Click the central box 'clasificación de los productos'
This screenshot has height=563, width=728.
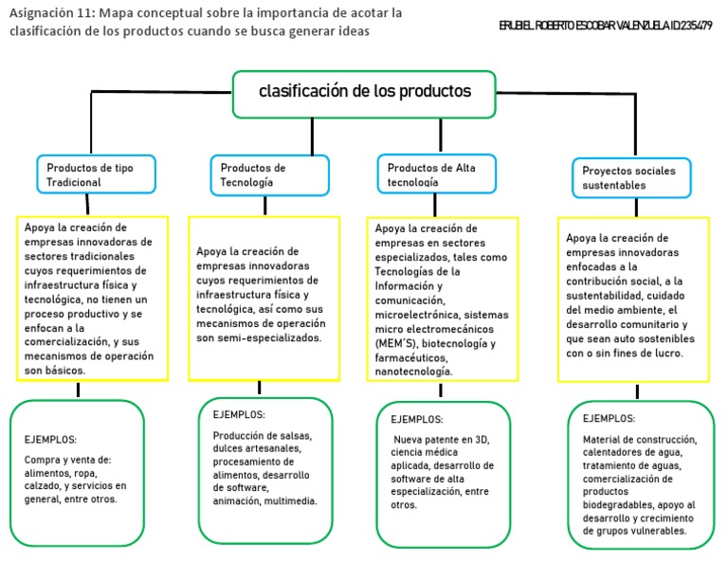coord(364,93)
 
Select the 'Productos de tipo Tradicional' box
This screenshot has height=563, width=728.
coord(95,173)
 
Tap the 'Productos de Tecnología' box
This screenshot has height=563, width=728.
coord(269,174)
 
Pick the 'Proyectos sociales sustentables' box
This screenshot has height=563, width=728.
coord(630,177)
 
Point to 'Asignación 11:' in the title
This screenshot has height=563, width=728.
coord(51,13)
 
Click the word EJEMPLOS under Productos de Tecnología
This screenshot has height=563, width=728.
coord(239,415)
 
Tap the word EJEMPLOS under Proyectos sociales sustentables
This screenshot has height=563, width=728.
coord(609,418)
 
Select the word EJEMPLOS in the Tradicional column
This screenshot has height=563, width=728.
coord(50,440)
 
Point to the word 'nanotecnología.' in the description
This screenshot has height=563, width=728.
coord(413,372)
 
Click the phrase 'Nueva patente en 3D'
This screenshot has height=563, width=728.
coord(442,439)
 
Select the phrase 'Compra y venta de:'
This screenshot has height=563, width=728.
coord(68,460)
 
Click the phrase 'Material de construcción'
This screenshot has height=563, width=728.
coord(640,440)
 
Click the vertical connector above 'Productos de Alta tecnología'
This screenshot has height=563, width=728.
coord(440,135)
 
